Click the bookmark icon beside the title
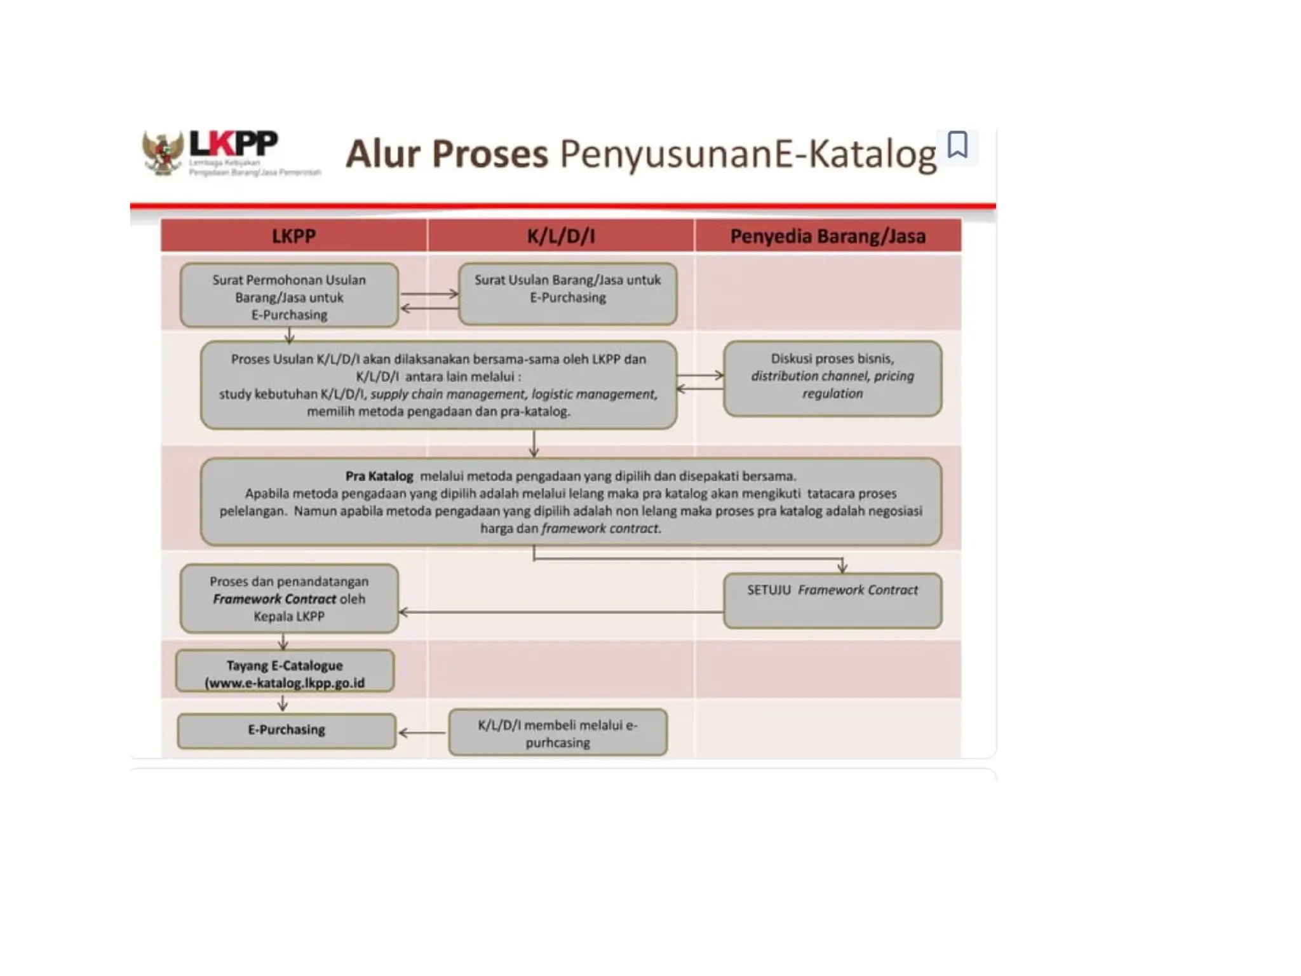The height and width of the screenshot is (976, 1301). coord(957,145)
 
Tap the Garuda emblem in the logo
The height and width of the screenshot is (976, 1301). coord(162,153)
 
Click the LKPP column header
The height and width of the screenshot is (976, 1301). coord(293,236)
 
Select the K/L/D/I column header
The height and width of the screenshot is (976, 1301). coord(561,236)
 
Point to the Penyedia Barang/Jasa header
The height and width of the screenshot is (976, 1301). coord(828,236)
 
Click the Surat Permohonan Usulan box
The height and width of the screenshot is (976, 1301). coord(289,296)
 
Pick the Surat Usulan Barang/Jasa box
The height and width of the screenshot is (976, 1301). coord(567,294)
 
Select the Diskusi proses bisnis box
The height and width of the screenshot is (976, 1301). coord(832,379)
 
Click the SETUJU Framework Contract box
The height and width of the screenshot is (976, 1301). coord(832,600)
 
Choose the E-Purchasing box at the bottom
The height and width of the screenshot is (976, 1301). coord(286,730)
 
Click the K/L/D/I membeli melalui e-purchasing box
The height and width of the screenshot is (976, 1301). coord(557,733)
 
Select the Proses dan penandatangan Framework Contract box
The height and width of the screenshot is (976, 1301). coord(289,599)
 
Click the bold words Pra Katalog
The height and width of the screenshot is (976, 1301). coord(379,476)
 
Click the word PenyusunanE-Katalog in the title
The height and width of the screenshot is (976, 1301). coord(747,154)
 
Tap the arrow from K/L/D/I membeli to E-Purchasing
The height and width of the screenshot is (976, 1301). coord(422,733)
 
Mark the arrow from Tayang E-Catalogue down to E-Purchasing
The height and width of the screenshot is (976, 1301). coord(283,703)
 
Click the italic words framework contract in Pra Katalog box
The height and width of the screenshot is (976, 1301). coord(600,529)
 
